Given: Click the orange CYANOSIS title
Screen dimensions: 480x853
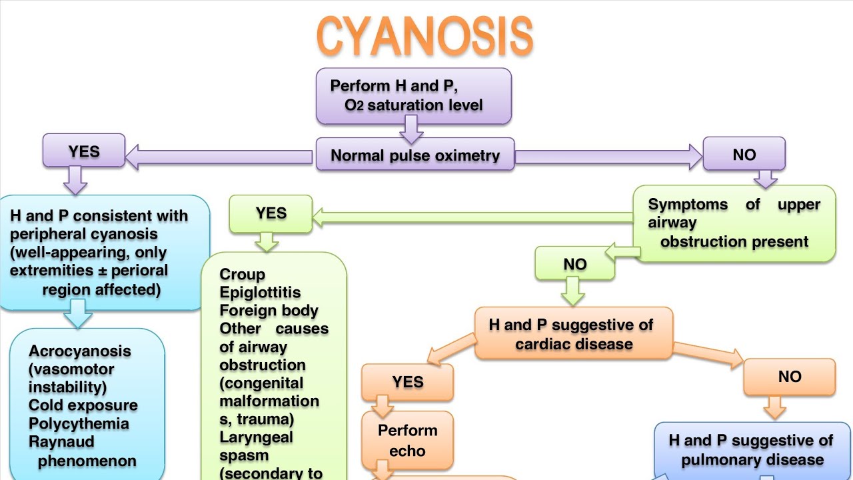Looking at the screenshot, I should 425,37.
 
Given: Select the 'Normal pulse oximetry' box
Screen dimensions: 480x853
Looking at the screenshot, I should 415,155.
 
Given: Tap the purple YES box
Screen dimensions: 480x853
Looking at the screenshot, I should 84,151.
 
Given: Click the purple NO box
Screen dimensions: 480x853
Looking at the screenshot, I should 744,154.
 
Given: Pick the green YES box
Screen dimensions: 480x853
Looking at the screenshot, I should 271,213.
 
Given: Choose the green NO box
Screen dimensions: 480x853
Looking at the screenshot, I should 575,264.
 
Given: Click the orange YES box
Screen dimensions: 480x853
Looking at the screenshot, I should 407,381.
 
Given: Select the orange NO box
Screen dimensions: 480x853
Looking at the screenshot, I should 789,377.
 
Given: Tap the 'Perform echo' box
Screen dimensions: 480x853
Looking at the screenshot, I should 407,440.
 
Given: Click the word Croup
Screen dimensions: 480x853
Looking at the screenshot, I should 243,275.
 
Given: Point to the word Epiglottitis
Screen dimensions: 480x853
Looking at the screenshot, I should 260,293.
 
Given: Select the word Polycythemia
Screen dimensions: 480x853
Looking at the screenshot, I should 79,424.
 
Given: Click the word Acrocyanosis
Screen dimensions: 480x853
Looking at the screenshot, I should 80,351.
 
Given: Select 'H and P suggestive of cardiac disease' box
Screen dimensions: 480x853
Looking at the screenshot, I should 574,334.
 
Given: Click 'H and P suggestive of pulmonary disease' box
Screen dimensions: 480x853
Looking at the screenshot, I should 752,450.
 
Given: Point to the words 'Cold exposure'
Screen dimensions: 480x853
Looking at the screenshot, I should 83,405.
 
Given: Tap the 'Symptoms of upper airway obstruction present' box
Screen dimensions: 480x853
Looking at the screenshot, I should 734,223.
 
